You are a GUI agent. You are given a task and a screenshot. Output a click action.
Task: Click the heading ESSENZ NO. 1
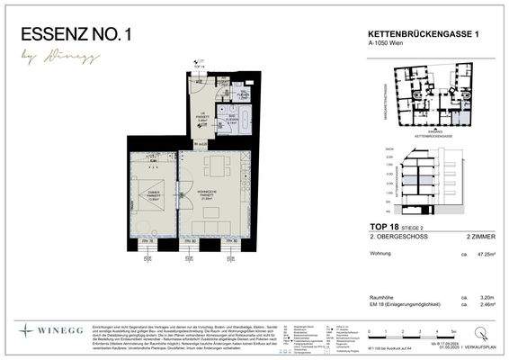[76, 35]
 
